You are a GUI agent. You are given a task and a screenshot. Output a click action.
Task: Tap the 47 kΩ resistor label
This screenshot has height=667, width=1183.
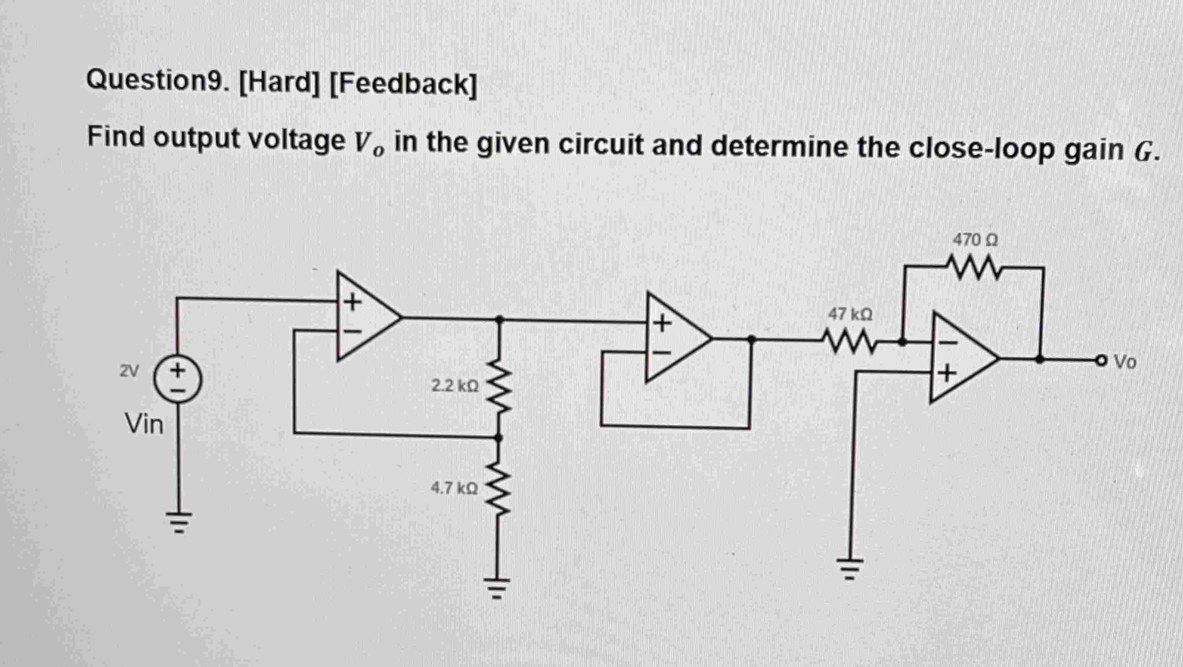(850, 315)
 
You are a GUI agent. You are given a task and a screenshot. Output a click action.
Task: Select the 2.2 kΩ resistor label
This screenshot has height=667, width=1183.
(455, 386)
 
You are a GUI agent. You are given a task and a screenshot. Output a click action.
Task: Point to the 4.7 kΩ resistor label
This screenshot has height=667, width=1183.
(454, 487)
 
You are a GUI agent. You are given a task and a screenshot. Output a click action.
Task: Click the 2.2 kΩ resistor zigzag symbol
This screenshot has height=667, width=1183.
(499, 386)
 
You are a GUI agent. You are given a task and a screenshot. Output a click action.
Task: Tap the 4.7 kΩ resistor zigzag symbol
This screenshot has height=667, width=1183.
(498, 487)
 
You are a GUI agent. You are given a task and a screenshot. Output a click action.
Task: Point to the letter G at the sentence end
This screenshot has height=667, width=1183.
(1144, 152)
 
